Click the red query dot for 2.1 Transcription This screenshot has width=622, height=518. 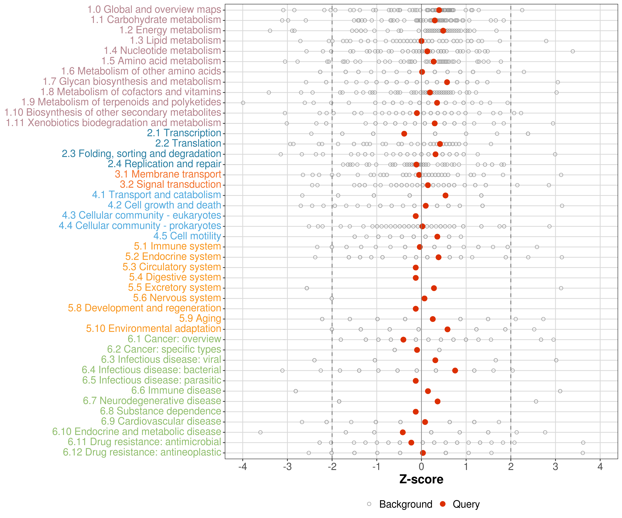[404, 134]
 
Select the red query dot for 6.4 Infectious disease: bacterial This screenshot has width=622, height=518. [455, 371]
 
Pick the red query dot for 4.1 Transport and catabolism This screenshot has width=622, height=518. [445, 195]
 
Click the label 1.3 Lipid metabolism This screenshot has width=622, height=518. [175, 41]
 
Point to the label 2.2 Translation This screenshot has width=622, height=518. [188, 143]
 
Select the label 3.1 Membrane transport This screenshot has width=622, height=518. [168, 174]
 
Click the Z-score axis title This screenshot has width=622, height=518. [421, 479]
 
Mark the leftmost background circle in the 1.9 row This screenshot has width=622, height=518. [243, 103]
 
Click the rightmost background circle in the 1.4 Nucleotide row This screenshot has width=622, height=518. [573, 51]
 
